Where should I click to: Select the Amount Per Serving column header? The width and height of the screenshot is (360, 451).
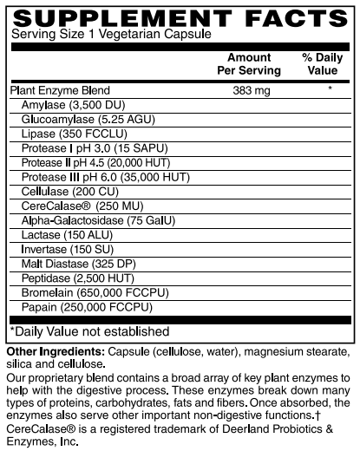[x=248, y=63]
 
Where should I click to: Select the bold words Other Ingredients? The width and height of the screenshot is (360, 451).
[x=55, y=350]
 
